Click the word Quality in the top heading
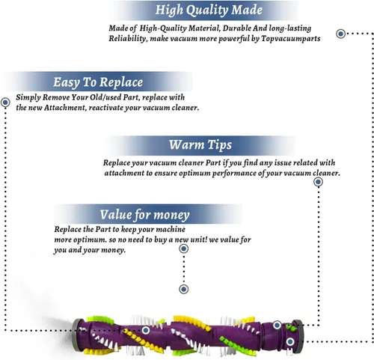[x=207, y=10]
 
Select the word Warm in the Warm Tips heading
[x=186, y=144]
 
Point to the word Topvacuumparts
[x=291, y=39]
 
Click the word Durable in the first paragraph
[x=236, y=28]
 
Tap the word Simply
[x=28, y=97]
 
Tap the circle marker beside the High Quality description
[x=340, y=34]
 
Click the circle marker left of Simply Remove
[x=5, y=103]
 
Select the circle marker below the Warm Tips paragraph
[x=318, y=182]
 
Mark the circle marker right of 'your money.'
[x=184, y=248]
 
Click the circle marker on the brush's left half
[x=146, y=330]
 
